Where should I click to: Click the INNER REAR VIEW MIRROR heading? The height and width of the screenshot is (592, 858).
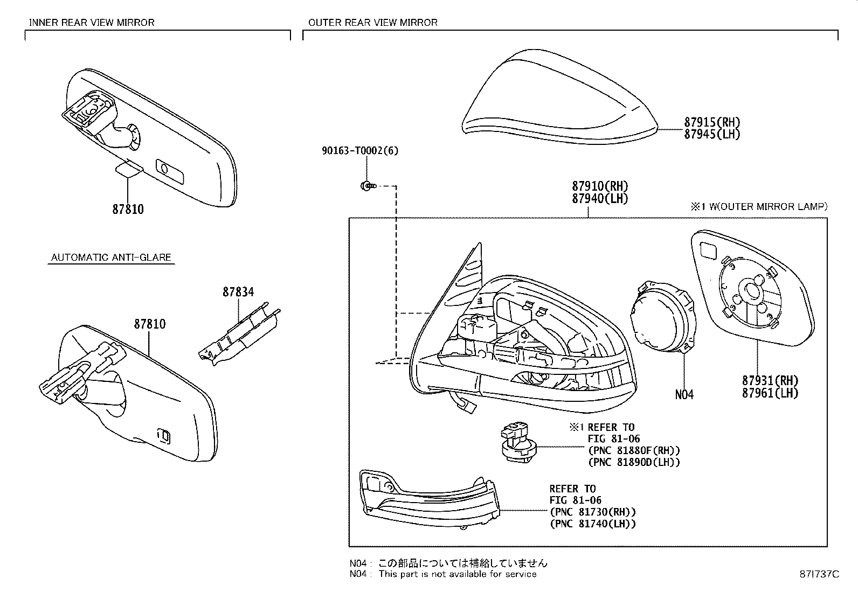click(92, 23)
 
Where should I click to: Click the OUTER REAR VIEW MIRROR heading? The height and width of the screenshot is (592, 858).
click(373, 23)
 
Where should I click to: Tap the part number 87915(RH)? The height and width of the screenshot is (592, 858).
click(712, 122)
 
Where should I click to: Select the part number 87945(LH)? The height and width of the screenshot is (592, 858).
click(712, 135)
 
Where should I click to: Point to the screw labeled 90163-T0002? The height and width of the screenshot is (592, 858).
click(368, 186)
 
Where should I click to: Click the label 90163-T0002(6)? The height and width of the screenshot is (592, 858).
click(360, 150)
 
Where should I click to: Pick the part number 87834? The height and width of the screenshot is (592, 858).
click(238, 292)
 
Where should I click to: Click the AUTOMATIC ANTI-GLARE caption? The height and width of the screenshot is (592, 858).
click(111, 257)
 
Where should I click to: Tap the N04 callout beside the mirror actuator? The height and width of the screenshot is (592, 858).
click(684, 394)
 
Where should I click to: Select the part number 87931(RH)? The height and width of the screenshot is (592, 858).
click(770, 381)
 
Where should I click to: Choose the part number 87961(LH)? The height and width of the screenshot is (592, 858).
click(770, 393)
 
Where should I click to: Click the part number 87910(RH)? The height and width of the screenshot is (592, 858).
click(600, 186)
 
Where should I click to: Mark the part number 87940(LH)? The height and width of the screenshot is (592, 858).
click(600, 199)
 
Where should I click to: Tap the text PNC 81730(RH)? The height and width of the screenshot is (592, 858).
click(593, 512)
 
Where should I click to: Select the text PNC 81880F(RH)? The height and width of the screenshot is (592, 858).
click(634, 450)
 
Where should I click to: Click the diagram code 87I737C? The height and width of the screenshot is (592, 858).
click(819, 574)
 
